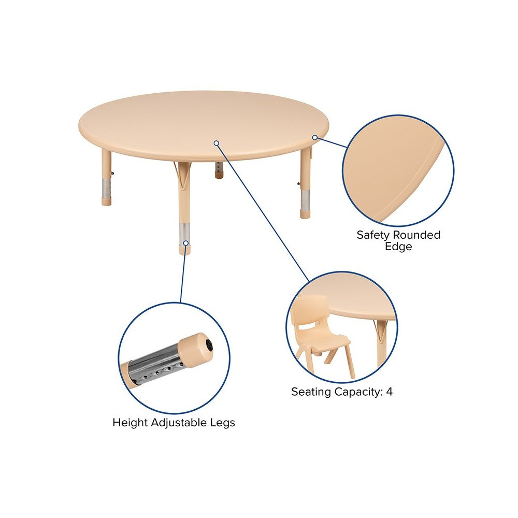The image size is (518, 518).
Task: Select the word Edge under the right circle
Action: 398,247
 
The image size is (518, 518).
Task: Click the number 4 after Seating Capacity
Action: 390,392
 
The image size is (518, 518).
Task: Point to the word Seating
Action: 311,392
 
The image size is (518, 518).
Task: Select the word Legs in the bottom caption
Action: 222,423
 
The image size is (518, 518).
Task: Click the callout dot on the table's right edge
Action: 315,137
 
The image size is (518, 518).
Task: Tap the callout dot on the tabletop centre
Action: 217,143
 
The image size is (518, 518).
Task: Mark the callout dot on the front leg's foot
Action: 186,243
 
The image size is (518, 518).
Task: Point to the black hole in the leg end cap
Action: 209,345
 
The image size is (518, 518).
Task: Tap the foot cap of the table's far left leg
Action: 106,202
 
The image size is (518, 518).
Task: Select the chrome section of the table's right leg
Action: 305,200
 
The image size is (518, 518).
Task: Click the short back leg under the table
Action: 219,170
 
